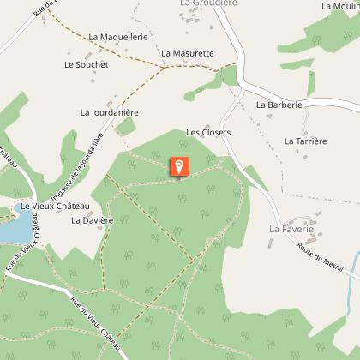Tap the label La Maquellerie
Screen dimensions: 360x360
click(x=118, y=38)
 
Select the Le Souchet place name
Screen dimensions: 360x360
click(x=86, y=64)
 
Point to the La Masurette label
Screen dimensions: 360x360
click(x=187, y=53)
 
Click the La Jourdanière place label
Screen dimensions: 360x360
click(x=109, y=112)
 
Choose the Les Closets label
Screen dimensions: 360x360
click(x=209, y=134)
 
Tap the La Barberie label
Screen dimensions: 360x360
click(x=279, y=105)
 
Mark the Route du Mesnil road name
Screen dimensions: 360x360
click(x=318, y=257)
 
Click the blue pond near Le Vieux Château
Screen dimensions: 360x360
click(x=10, y=230)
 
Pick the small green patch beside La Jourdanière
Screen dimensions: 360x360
click(x=125, y=127)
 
